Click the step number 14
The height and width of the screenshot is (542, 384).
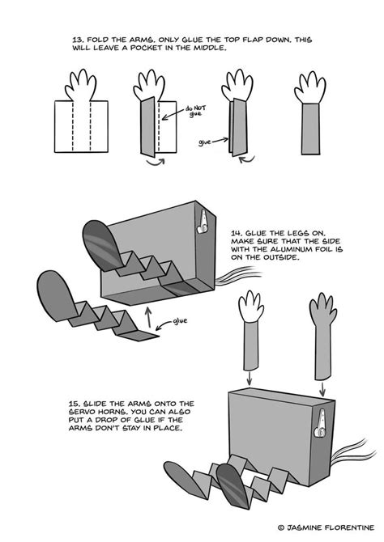(237, 230)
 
